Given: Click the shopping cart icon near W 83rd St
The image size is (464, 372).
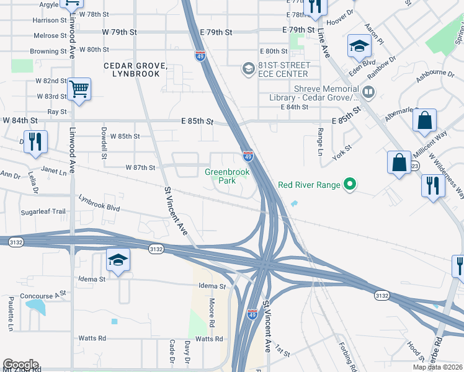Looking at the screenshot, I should click(79, 89).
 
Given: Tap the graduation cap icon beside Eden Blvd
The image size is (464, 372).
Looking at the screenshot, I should click(359, 46).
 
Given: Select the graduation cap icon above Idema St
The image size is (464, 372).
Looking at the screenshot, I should click(117, 260).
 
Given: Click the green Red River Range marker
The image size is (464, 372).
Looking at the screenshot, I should click(350, 184).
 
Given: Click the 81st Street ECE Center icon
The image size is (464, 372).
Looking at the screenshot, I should click(248, 68).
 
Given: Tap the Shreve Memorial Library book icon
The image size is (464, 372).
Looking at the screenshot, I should click(368, 93).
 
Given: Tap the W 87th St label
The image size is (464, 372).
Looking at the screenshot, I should click(140, 168).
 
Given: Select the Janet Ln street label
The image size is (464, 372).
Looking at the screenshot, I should click(53, 169).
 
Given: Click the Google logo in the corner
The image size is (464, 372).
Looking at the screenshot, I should click(20, 365).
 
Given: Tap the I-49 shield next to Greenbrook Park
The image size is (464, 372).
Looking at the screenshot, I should click(247, 156).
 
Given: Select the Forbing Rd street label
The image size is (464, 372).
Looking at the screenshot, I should click(345, 356).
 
